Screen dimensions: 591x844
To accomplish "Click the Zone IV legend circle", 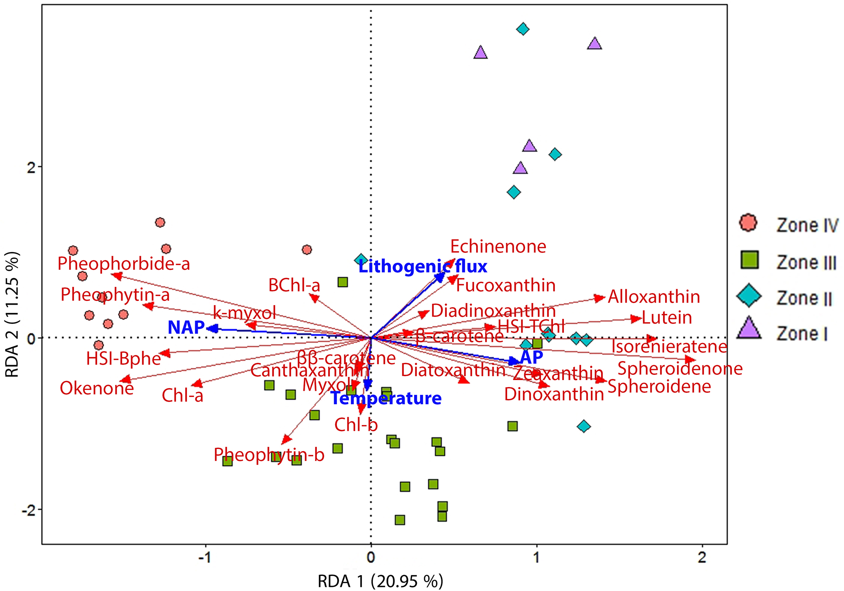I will pos(748,223).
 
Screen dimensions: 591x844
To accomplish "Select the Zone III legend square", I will pos(749,260).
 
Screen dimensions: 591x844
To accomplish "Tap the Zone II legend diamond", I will pos(749,297).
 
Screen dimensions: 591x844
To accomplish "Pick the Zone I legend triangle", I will pos(749,329).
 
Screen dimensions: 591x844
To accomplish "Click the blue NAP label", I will pos(186,328).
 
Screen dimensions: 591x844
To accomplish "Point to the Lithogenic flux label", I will pos(423,267).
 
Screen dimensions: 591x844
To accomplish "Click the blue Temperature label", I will pos(386,398).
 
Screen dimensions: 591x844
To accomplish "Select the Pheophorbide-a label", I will pos(124,264).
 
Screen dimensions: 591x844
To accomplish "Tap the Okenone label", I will pos(97,388).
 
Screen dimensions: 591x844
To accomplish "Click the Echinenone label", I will pos(498,247).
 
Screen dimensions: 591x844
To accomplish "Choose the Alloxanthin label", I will pos(654,297).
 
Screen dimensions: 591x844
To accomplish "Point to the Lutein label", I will pos(667,318).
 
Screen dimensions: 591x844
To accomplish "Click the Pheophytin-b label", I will pos(269,455).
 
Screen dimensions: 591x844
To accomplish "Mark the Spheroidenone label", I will pos(680,369).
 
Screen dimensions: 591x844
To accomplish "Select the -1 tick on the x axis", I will pos(205,558).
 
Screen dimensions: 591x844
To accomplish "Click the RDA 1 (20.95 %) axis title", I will pos(380,581).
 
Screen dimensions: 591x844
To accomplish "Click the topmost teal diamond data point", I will pos(523,29).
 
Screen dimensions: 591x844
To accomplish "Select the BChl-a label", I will pos(294,286).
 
